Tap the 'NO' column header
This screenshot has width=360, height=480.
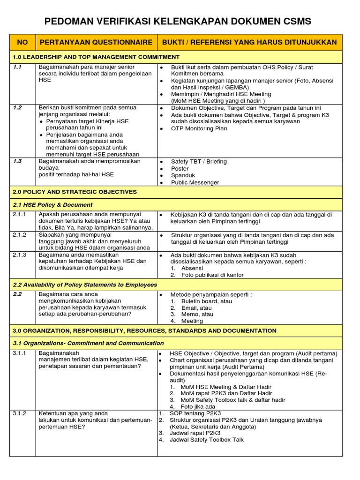(x=22, y=42)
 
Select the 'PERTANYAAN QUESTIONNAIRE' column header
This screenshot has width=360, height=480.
(x=96, y=42)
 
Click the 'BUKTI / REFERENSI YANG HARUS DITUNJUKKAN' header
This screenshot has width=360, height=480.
(x=249, y=42)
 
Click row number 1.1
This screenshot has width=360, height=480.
(x=18, y=67)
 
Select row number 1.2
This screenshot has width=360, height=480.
(x=18, y=107)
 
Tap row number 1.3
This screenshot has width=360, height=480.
(x=18, y=161)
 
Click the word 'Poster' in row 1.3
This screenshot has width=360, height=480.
(x=180, y=168)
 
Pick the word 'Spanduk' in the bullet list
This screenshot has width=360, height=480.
(x=183, y=175)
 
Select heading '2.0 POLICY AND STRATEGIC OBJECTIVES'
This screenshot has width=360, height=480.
(x=75, y=192)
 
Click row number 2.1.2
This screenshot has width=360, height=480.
(x=20, y=234)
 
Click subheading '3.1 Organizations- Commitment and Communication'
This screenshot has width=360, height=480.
(x=88, y=343)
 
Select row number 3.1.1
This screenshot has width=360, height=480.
(x=20, y=353)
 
